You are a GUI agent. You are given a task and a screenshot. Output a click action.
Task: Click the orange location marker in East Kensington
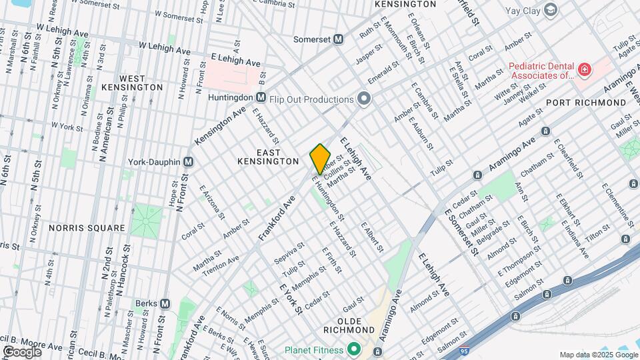pos(320,159)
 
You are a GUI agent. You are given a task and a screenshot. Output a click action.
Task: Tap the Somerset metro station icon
pos(338,39)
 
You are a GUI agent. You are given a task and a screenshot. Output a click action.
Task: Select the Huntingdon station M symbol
pos(261,97)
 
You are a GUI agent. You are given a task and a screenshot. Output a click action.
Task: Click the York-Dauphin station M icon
pos(189,162)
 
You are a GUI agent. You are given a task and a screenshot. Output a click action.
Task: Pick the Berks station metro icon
pos(165,303)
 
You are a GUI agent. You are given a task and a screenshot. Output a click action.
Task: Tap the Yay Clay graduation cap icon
pos(550,10)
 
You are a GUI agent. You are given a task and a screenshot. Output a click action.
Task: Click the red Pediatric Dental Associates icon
pos(584,69)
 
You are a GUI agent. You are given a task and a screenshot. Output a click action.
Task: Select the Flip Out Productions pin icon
pos(363,99)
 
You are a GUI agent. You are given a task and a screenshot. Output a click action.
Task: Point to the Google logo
pos(22,351)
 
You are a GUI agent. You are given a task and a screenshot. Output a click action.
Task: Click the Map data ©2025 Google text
pos(598,355)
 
